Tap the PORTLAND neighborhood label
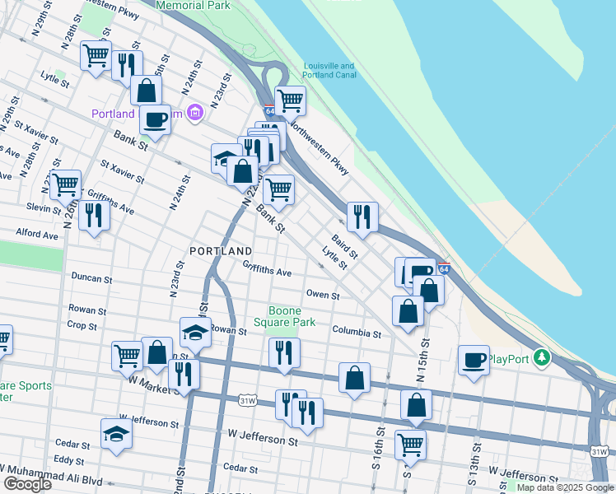220,250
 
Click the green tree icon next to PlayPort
541,358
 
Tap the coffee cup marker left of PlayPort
474,360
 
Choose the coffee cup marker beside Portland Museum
154,119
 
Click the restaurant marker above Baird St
362,217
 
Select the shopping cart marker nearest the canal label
290,100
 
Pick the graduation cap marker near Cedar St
116,433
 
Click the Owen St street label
323,295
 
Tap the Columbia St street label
357,333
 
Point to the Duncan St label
91,278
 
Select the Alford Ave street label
37,235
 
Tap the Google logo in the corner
27,484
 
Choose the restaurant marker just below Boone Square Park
284,352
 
